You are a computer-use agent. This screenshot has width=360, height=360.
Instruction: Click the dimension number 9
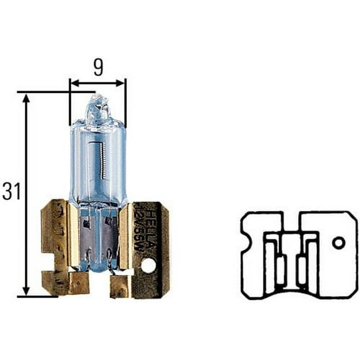[x=97, y=67]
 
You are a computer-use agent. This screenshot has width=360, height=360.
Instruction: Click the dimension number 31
[x=11, y=192]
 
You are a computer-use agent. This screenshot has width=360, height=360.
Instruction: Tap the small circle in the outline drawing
[x=339, y=242]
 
